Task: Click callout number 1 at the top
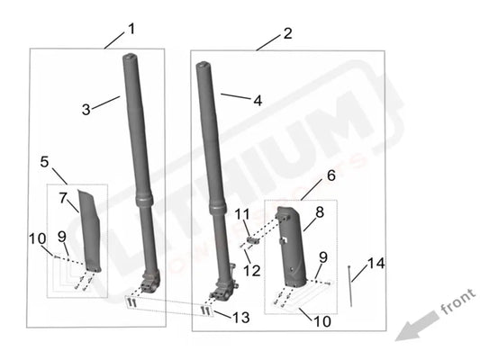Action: click(131, 28)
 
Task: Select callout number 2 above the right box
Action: click(287, 33)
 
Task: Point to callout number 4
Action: click(258, 101)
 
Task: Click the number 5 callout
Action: click(44, 161)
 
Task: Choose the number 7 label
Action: click(63, 196)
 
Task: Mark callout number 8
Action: click(319, 213)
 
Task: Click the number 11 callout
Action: click(241, 213)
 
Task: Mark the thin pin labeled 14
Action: click(349, 286)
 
